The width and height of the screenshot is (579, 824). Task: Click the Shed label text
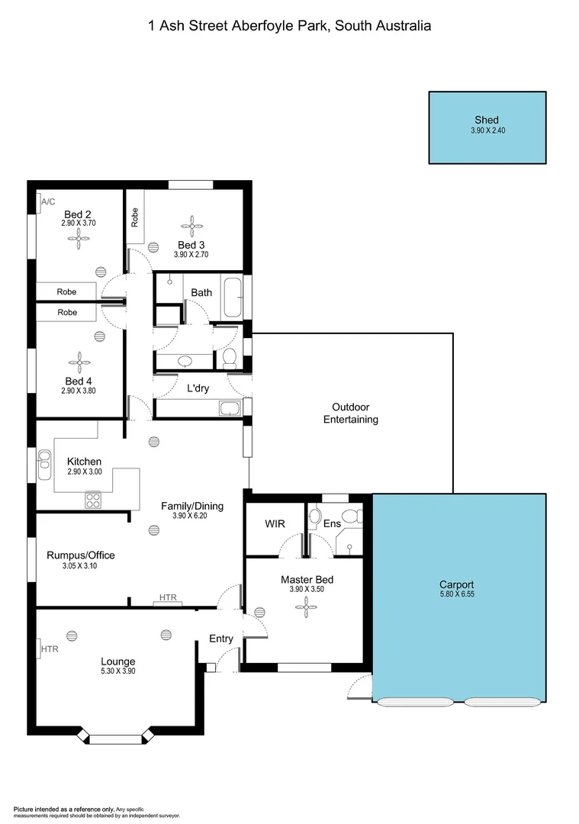tap(487, 120)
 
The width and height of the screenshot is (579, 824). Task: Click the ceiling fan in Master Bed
tap(307, 607)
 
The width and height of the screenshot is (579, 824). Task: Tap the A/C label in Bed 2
tap(47, 202)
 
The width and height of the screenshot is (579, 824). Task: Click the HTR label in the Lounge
tap(50, 649)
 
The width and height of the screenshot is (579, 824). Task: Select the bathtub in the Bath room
tap(231, 298)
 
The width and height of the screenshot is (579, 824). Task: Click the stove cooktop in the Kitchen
tap(94, 501)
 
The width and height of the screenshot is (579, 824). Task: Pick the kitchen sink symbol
tap(43, 459)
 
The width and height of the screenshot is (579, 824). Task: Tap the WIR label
tap(275, 524)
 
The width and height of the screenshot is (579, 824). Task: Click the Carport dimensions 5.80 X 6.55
tap(458, 594)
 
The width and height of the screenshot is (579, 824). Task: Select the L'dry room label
tap(198, 388)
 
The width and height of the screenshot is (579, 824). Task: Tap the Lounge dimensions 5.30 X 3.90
tap(118, 671)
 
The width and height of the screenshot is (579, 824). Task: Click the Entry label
tap(221, 639)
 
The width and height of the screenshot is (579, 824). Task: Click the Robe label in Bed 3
tap(135, 218)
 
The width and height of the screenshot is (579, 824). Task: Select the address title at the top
tap(289, 26)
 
